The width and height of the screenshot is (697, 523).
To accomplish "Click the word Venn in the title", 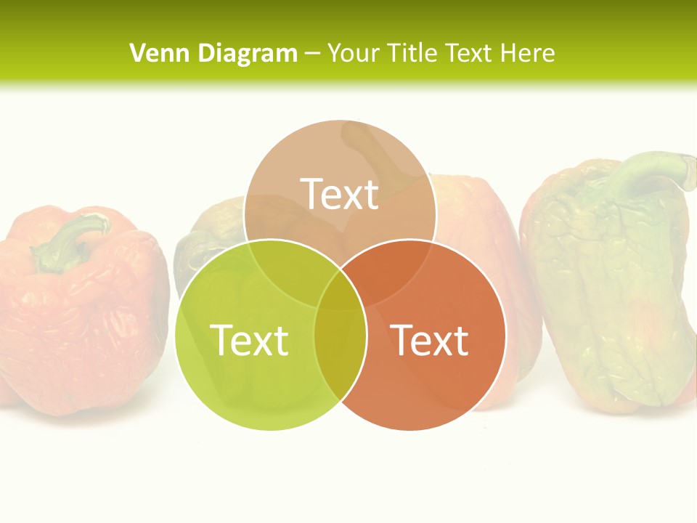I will pos(152,53).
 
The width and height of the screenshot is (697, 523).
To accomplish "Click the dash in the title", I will pos(313,54).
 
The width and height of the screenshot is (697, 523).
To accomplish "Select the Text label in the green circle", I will pos(249,339).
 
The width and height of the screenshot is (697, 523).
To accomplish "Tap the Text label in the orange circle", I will pos(430,339).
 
